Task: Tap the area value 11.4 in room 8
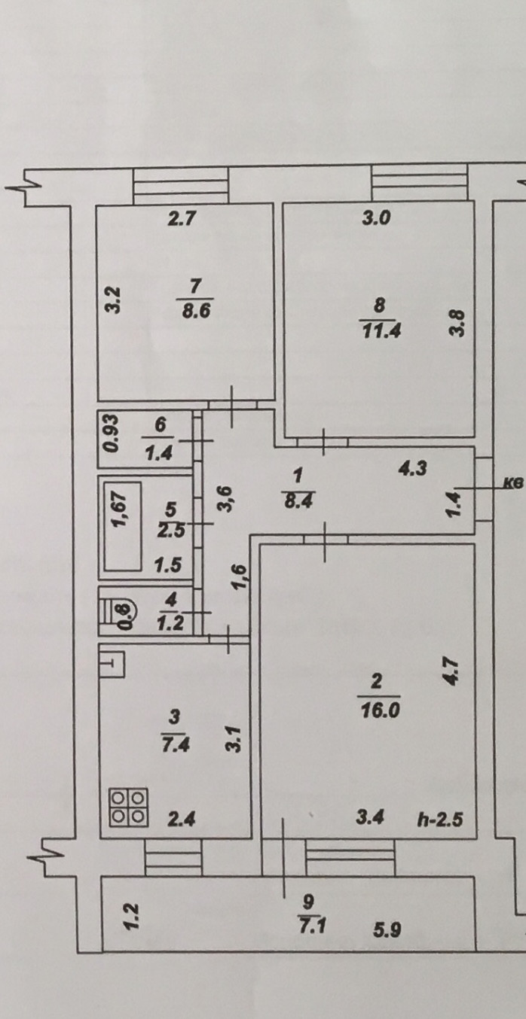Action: [379, 330]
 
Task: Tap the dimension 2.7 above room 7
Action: [182, 221]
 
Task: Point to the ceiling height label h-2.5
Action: [439, 820]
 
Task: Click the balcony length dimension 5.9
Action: [387, 931]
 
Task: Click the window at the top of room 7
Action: [181, 184]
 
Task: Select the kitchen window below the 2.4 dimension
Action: [173, 857]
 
